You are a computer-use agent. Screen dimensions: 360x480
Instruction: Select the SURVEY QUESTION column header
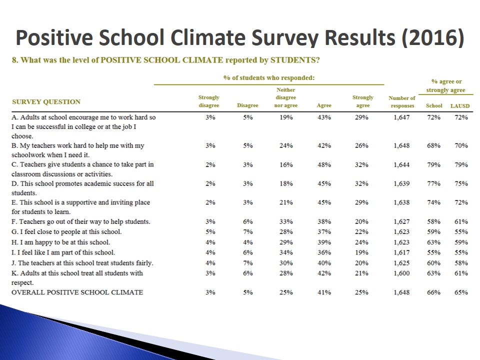(46, 102)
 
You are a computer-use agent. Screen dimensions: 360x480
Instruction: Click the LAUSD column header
(459, 106)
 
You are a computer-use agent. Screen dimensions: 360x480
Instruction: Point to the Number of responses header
(402, 102)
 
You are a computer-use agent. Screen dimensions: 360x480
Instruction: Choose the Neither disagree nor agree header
(286, 97)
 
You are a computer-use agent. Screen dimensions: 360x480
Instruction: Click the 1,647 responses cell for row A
(402, 117)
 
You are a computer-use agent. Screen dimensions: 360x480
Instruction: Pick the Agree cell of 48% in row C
(324, 164)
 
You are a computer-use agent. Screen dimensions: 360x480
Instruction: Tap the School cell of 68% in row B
(433, 145)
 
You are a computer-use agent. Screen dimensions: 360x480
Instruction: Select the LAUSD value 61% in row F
(461, 221)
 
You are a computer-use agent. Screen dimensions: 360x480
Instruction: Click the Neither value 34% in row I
(286, 252)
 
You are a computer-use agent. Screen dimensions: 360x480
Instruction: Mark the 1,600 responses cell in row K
(402, 273)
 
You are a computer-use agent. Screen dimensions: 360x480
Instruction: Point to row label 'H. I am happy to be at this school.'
(60, 242)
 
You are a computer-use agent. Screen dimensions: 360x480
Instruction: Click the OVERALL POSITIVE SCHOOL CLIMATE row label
(77, 292)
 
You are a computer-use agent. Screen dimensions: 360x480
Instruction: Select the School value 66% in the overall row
(433, 292)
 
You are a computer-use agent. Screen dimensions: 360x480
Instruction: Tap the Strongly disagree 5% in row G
(210, 231)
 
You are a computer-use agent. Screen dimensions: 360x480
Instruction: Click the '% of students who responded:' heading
(268, 78)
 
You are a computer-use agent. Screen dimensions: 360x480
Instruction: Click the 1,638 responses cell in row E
(402, 202)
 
